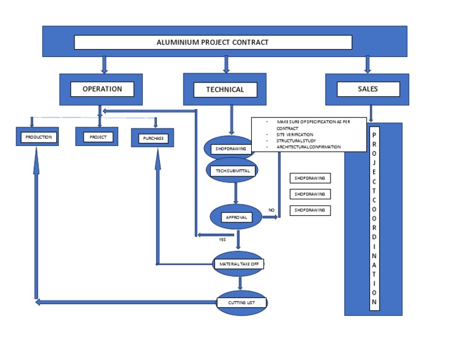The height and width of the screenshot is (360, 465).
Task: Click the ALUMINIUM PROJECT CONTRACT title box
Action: coord(213,42)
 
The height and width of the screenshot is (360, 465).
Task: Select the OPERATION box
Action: coord(102,89)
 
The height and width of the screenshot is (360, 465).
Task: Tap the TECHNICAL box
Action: coord(225,90)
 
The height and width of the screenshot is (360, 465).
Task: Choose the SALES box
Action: coord(367,89)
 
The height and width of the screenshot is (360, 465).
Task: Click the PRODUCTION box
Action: coord(38,138)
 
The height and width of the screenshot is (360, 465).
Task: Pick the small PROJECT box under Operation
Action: coord(97,138)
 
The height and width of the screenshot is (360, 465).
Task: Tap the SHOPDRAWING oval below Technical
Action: coord(228,148)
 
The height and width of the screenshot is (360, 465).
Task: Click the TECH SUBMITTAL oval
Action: coord(232,171)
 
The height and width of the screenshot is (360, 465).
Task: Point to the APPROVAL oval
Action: coord(236,217)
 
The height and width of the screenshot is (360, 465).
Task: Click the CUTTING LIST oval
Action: coord(241,302)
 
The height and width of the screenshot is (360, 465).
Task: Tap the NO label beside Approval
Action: coord(271,210)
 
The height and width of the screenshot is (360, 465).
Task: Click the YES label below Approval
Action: coord(222,239)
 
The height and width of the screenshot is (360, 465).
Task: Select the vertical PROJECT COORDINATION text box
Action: coord(374,218)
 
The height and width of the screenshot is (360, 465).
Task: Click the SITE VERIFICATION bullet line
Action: coord(295,135)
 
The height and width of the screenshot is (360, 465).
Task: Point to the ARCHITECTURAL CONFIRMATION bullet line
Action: coord(308,147)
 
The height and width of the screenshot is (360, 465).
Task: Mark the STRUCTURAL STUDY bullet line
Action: coord(297,141)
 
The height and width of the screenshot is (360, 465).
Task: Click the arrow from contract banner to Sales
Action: coord(367,64)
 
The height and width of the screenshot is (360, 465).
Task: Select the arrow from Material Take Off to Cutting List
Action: coord(240,283)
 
